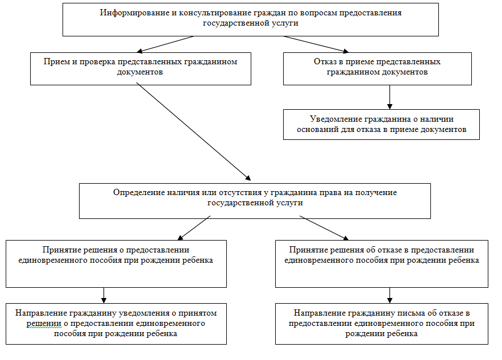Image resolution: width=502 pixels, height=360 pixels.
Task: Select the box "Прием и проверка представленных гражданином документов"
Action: (x=140, y=69)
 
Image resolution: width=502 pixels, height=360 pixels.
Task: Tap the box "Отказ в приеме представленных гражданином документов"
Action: (x=377, y=68)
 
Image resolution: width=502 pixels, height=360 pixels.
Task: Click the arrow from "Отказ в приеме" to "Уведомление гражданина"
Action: (x=389, y=97)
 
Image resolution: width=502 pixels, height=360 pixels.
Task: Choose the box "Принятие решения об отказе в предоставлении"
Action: (x=381, y=263)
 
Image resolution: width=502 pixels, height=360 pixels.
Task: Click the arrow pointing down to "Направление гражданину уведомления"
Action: (x=103, y=295)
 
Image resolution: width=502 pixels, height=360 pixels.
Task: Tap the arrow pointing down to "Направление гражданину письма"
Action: (x=389, y=295)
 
